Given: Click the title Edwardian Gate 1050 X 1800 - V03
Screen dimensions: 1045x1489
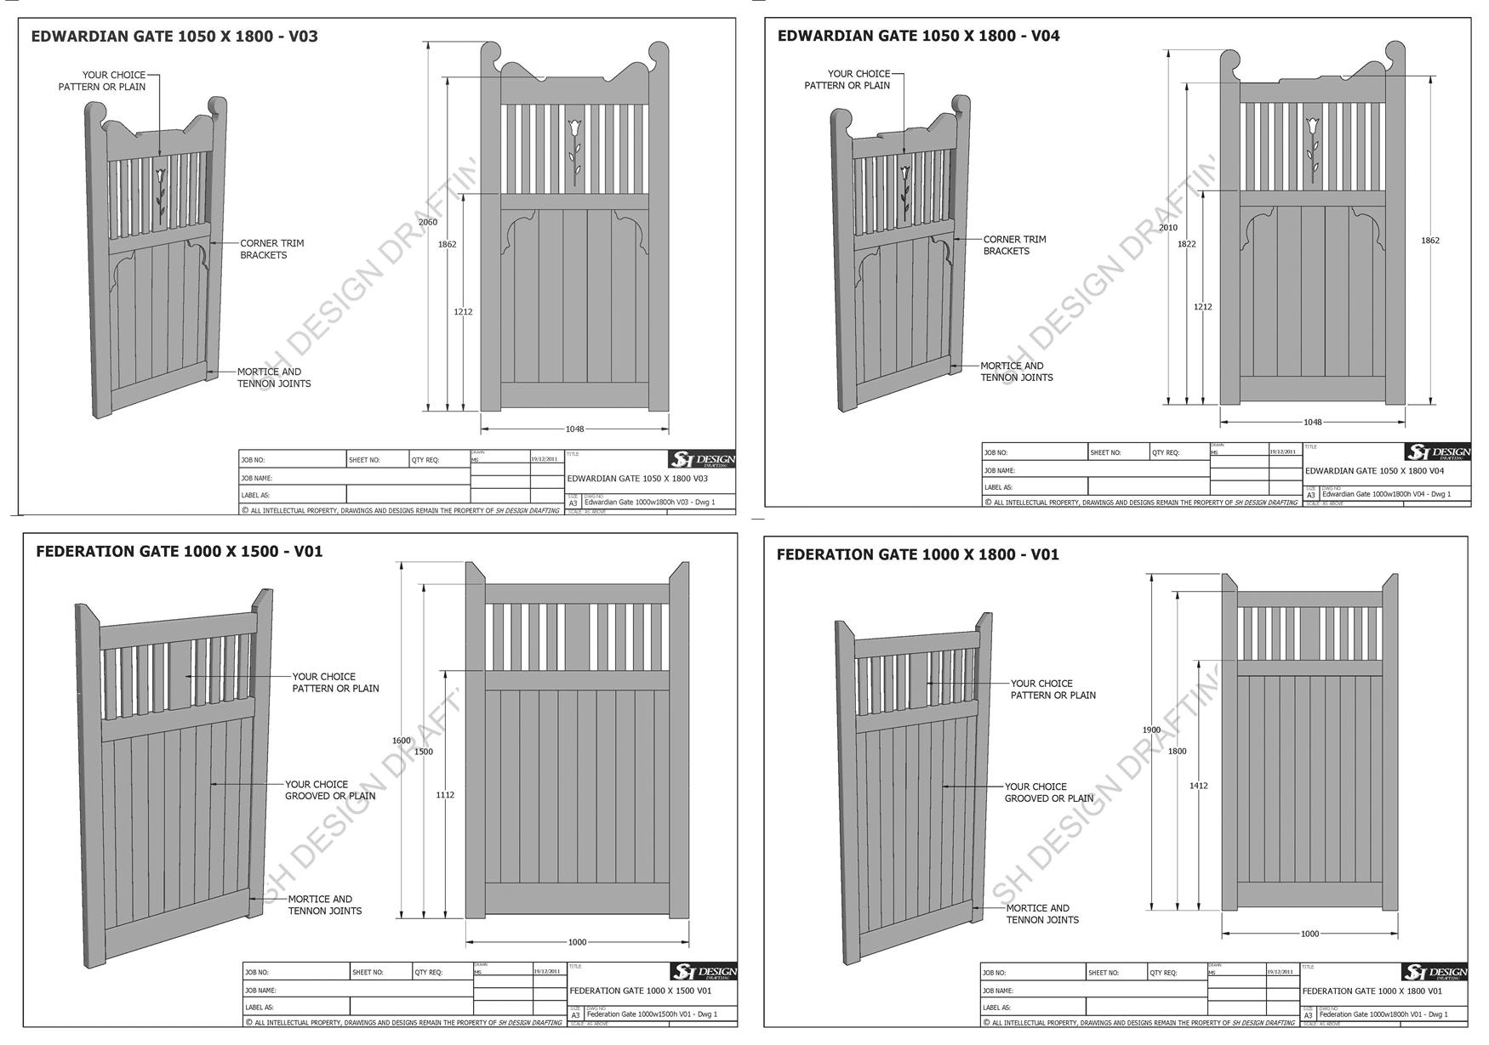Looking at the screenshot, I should pyautogui.click(x=174, y=37).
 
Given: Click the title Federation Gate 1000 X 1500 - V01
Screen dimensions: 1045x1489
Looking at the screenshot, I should pyautogui.click(x=179, y=552).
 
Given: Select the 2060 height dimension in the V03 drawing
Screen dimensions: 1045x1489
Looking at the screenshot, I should pyautogui.click(x=427, y=223).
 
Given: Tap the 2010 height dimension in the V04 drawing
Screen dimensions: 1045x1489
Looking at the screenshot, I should pyautogui.click(x=1168, y=228).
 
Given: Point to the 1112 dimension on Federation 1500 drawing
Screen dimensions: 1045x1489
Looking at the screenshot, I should pyautogui.click(x=445, y=795).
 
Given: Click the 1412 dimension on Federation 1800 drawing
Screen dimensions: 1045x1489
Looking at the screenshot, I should pyautogui.click(x=1198, y=786).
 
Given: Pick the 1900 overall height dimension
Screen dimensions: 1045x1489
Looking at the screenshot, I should pyautogui.click(x=1150, y=730).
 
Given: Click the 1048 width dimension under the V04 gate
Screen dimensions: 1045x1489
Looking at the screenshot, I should pyautogui.click(x=1312, y=423).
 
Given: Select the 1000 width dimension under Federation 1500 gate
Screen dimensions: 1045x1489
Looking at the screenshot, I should pyautogui.click(x=577, y=942).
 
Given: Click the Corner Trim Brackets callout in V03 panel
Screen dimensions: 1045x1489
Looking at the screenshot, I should pyautogui.click(x=271, y=249).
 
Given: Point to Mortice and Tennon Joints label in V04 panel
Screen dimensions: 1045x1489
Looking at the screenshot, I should pyautogui.click(x=1016, y=372).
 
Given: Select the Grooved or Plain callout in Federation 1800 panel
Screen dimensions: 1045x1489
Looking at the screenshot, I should pyautogui.click(x=1048, y=792).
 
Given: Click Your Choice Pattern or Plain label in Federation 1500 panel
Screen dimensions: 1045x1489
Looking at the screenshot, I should pyautogui.click(x=335, y=683).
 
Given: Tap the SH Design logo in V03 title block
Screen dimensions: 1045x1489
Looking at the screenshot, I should pyautogui.click(x=702, y=460).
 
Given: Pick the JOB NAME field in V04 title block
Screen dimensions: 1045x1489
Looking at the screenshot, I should pyautogui.click(x=1096, y=470).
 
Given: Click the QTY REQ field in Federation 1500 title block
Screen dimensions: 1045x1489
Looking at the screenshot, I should pyautogui.click(x=442, y=973).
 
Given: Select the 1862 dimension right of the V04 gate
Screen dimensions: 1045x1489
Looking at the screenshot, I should pyautogui.click(x=1430, y=241).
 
